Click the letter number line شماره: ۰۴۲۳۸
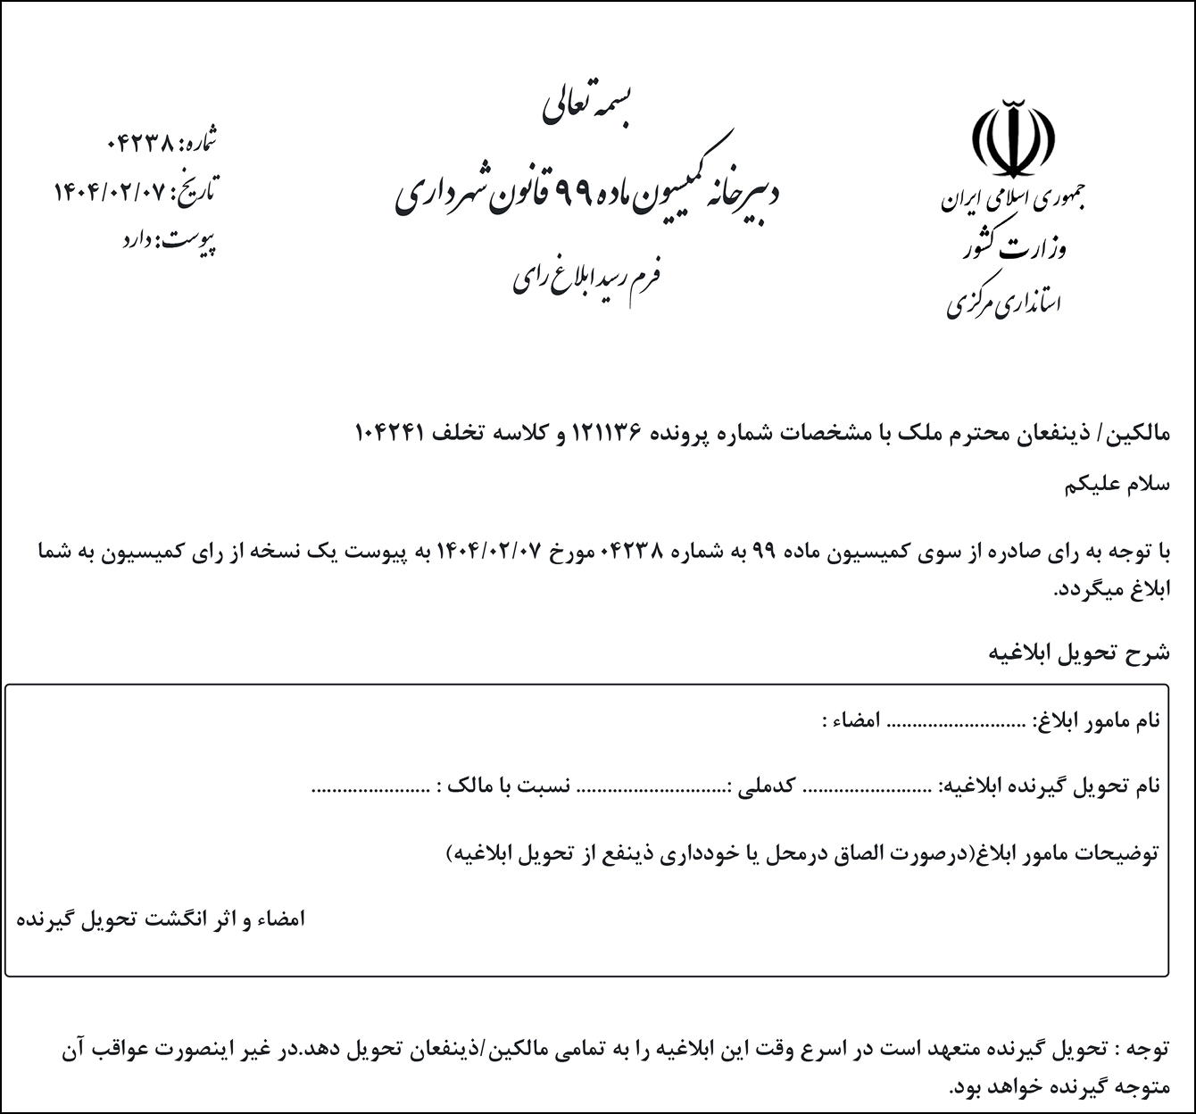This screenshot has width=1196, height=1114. coord(161,141)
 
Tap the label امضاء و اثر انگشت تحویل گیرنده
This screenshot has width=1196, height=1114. coord(162,919)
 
